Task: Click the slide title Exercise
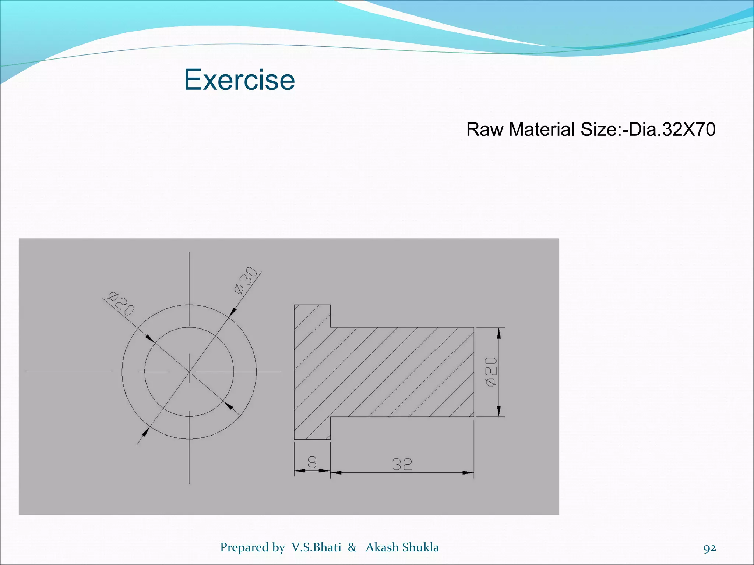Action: (239, 80)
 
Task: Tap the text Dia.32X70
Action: (672, 129)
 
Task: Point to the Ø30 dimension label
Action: (246, 280)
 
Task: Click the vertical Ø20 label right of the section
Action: (491, 372)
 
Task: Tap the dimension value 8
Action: (312, 462)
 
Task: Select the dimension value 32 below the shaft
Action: (402, 465)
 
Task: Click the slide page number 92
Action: (709, 548)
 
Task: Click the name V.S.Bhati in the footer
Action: (316, 547)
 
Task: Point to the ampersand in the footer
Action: (352, 547)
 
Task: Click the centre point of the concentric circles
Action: (189, 372)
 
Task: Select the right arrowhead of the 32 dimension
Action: (468, 472)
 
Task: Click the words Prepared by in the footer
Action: (253, 547)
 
